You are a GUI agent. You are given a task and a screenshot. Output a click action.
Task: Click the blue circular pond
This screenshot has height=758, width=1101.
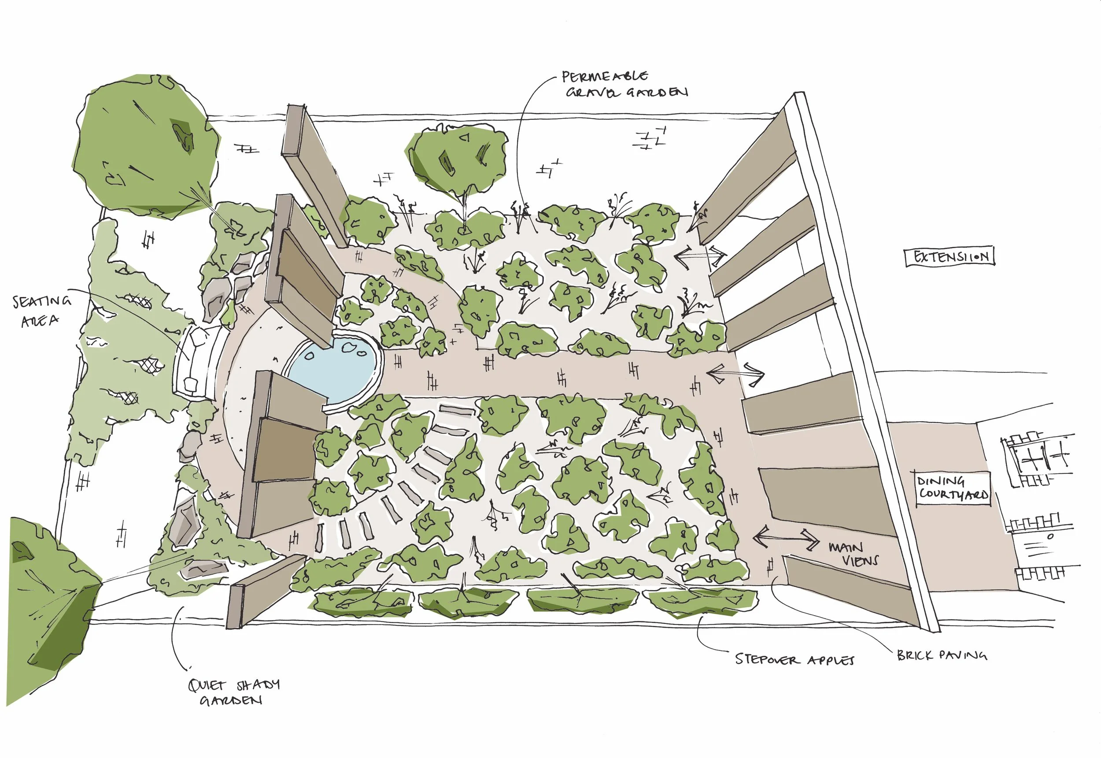pyautogui.click(x=335, y=368)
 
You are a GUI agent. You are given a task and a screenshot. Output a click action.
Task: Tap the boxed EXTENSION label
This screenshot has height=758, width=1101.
pyautogui.click(x=950, y=256)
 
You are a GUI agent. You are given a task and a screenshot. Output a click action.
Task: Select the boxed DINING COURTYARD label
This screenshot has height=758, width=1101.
pyautogui.click(x=953, y=488)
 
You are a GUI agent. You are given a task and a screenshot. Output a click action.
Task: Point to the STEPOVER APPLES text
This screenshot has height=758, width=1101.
pyautogui.click(x=794, y=659)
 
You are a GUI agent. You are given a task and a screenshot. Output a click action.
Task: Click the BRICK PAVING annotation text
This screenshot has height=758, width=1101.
pyautogui.click(x=942, y=655)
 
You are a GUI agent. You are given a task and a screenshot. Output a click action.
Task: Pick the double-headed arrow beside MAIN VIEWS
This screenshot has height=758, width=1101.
pyautogui.click(x=786, y=538)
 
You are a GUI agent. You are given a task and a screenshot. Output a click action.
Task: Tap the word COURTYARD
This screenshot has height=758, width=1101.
pyautogui.click(x=953, y=494)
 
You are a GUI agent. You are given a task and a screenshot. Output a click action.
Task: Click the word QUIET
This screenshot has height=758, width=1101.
pyautogui.click(x=207, y=685)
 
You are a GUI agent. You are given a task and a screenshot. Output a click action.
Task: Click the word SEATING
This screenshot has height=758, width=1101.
pyautogui.click(x=42, y=301)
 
